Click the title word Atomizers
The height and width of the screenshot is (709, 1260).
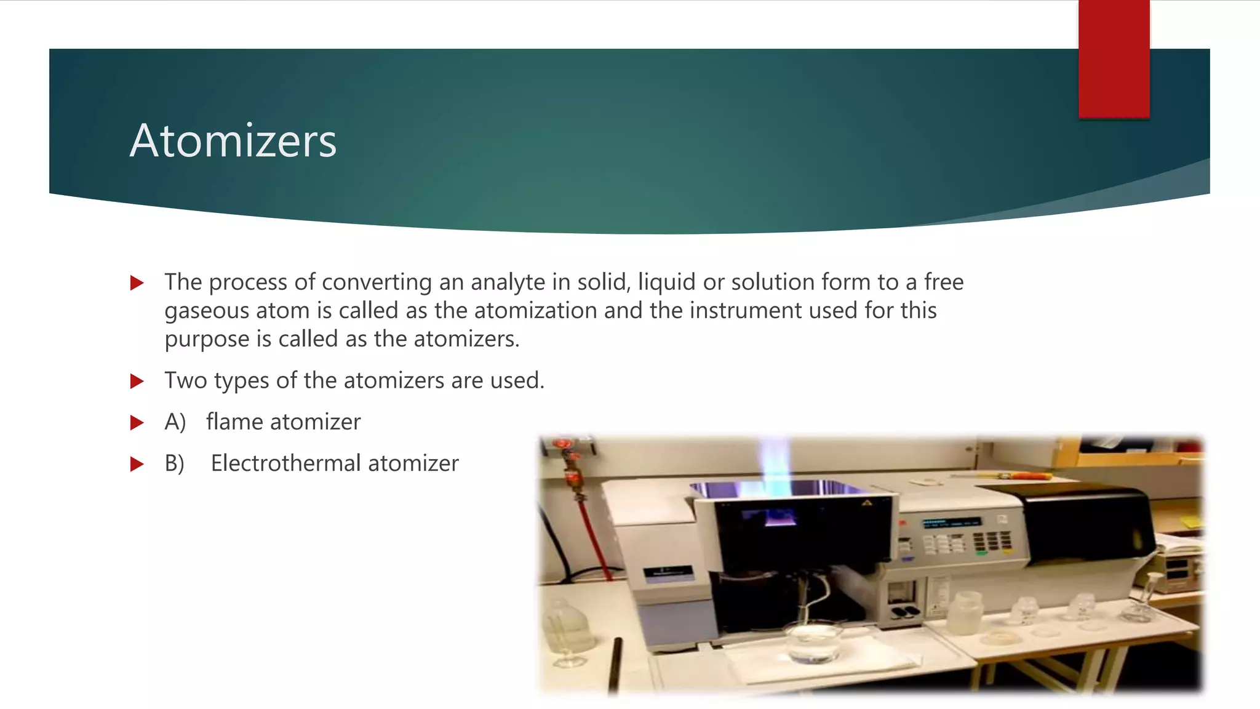pyautogui.click(x=233, y=141)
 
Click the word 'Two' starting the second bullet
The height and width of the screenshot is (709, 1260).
pyautogui.click(x=185, y=381)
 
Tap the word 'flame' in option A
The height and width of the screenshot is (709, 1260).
pyautogui.click(x=235, y=422)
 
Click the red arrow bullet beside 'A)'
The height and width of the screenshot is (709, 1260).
pyautogui.click(x=137, y=423)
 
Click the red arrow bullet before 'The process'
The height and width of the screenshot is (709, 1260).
pyautogui.click(x=137, y=283)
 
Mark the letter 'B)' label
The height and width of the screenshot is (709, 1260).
pyautogui.click(x=174, y=463)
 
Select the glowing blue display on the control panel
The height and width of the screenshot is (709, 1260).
pyautogui.click(x=950, y=523)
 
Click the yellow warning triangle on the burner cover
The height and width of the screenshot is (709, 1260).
pyautogui.click(x=867, y=503)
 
